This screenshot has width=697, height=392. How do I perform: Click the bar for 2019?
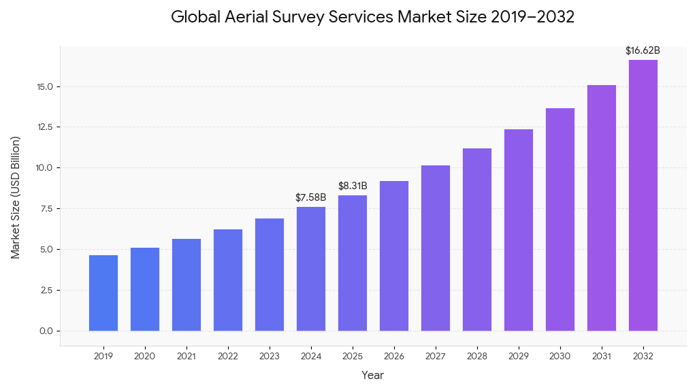pyautogui.click(x=103, y=293)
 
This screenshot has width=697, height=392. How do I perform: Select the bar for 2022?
pyautogui.click(x=228, y=280)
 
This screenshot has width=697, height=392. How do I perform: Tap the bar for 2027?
pyautogui.click(x=436, y=248)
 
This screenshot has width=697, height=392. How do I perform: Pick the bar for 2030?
pyautogui.click(x=560, y=220)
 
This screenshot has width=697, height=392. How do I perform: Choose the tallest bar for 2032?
pyautogui.click(x=643, y=195)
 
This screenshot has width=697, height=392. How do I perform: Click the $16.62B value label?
pyautogui.click(x=643, y=50)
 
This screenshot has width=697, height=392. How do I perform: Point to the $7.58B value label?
pyautogui.click(x=311, y=197)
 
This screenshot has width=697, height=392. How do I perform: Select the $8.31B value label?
pyautogui.click(x=353, y=186)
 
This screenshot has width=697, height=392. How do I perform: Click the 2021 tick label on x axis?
pyautogui.click(x=187, y=356)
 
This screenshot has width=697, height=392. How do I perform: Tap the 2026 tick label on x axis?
pyautogui.click(x=394, y=356)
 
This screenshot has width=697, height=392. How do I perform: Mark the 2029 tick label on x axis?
pyautogui.click(x=519, y=356)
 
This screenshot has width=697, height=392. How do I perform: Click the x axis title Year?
pyautogui.click(x=372, y=375)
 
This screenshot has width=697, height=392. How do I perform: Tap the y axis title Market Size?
pyautogui.click(x=16, y=197)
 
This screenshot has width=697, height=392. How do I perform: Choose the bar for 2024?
pyautogui.click(x=311, y=269)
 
